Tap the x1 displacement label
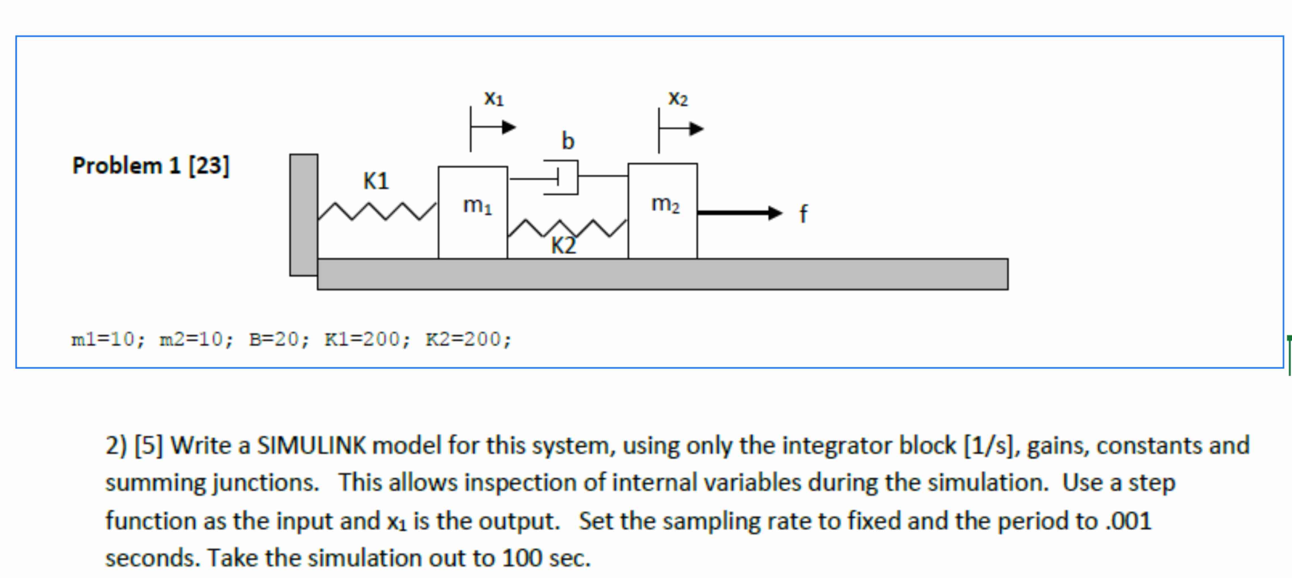(493, 98)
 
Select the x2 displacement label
(678, 98)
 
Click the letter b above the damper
(568, 141)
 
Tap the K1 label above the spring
(376, 180)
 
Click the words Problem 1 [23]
(151, 165)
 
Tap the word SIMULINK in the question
(311, 445)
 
